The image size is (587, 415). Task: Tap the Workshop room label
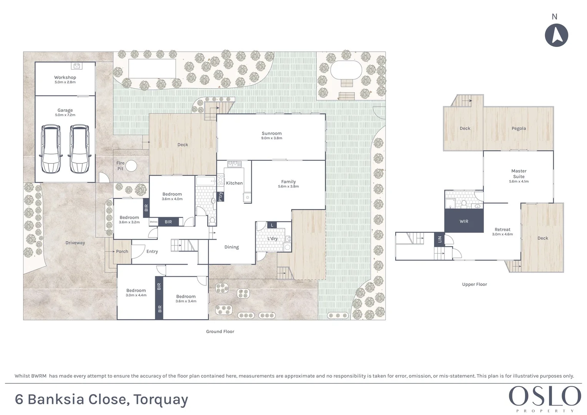pos(65,77)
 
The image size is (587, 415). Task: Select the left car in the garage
pos(51,149)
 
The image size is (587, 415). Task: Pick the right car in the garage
pos(80,149)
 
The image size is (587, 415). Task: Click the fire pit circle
pos(131,166)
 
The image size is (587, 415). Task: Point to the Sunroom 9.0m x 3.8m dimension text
pos(271,138)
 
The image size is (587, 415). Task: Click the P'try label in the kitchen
pos(220,196)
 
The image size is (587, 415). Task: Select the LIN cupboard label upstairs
pos(439,239)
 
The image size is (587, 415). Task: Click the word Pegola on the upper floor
pos(519,128)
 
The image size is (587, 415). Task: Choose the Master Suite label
pos(519,174)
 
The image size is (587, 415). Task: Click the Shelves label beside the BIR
pos(153,222)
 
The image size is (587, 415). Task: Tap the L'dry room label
pos(273,238)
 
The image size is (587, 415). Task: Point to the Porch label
pos(122,251)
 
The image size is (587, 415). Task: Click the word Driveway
pos(75,242)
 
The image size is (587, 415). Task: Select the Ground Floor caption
pos(220,331)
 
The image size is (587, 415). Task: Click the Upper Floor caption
pos(475,284)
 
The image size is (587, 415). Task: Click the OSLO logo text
pos(545,396)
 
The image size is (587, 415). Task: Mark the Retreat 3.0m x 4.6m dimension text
pos(502,234)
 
